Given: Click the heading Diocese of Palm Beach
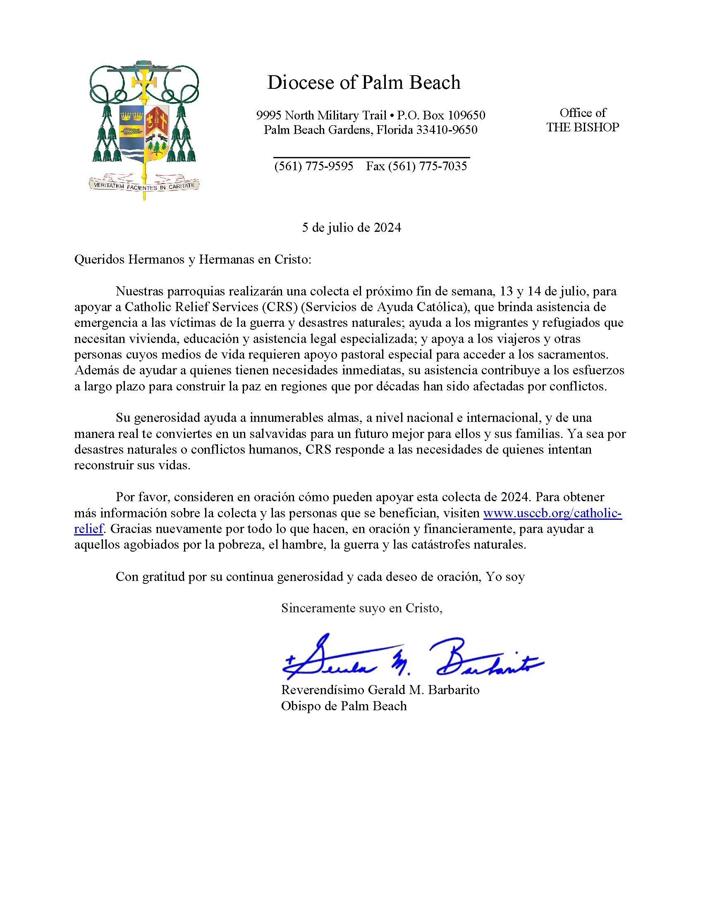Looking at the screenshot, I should tap(363, 82).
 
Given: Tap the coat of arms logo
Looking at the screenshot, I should tap(144, 129).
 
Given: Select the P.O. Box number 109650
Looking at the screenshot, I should tap(465, 115).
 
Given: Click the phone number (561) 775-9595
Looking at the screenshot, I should tap(313, 167).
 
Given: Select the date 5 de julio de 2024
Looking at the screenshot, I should tap(351, 228).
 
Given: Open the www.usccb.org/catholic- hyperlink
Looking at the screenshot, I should tap(552, 513).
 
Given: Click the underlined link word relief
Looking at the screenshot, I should tap(88, 529).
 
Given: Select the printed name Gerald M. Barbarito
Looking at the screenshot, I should tap(423, 690).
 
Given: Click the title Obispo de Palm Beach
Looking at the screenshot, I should tap(344, 706).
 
